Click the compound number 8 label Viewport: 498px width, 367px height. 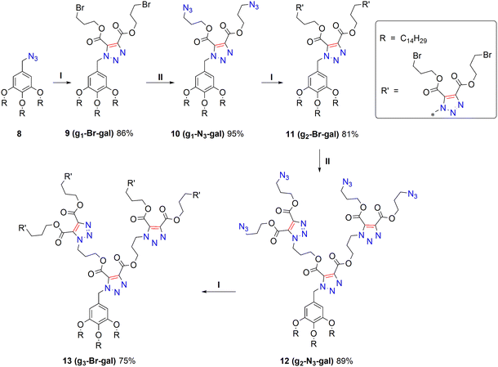[20, 133]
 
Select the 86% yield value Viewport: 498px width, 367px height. [125, 133]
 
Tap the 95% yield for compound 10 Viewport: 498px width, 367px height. [235, 134]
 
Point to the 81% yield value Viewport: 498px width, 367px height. [350, 134]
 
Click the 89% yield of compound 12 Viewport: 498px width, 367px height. [345, 361]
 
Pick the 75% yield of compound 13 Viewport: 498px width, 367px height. [127, 361]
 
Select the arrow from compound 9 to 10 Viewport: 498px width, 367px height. [160, 83]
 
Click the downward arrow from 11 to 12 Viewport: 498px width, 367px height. [319, 160]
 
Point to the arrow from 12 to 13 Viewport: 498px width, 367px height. [219, 291]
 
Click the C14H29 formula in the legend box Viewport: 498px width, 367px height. [414, 39]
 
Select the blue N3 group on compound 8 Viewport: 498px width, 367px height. [33, 57]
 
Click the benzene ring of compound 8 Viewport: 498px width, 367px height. [22, 83]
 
